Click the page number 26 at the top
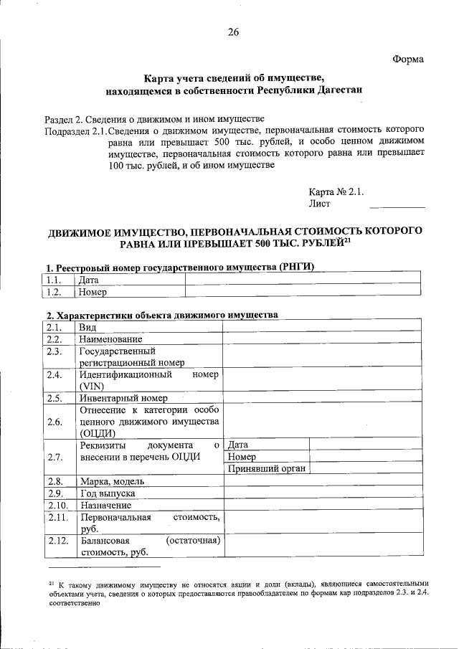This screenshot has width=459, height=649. click(x=233, y=32)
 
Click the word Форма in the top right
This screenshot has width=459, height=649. click(x=408, y=58)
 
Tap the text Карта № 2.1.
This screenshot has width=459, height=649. click(x=336, y=191)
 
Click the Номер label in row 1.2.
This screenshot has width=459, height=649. click(x=93, y=292)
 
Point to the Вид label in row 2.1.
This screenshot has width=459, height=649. click(x=87, y=327)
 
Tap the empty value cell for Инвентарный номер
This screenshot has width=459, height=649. click(x=321, y=398)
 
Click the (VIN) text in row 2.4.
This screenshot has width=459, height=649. click(x=93, y=386)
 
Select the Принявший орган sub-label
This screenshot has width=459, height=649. click(x=268, y=468)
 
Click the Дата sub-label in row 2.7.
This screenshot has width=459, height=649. click(x=237, y=445)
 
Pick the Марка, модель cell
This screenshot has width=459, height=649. click(x=114, y=481)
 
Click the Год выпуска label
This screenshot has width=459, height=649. click(x=108, y=493)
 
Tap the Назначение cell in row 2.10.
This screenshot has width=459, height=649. click(x=105, y=505)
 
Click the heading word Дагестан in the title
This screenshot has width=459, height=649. click(x=338, y=90)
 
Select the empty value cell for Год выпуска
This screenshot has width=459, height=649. click(x=321, y=493)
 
